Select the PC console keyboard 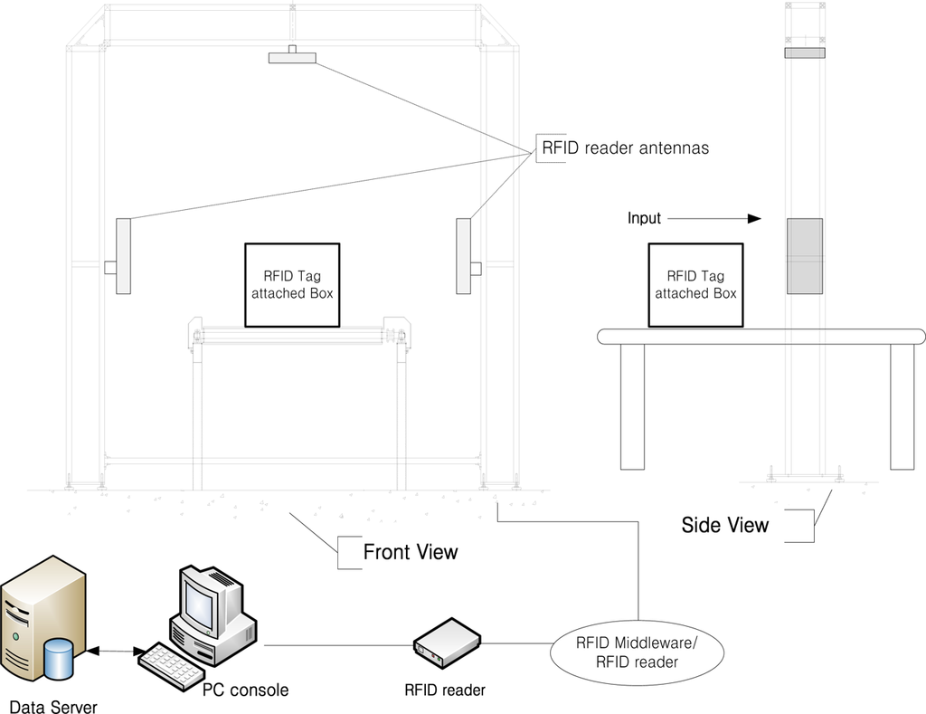(172, 668)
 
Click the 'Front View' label (411, 552)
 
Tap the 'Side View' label (725, 525)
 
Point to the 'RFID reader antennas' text (625, 148)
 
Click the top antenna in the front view (292, 58)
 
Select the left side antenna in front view (123, 256)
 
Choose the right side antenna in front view (464, 256)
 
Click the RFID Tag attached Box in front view (292, 284)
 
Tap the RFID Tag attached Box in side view (695, 284)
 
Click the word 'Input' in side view (644, 218)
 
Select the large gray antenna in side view (804, 256)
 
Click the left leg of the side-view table (632, 406)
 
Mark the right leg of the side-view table (902, 406)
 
